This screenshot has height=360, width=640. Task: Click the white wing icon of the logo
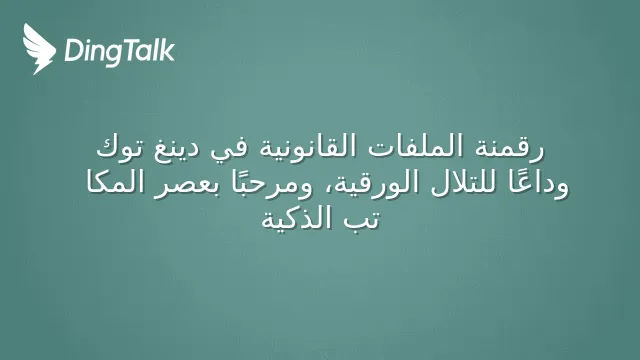click(x=38, y=49)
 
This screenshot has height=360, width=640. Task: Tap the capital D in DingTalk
click(x=73, y=50)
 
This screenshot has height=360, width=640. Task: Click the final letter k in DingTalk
click(x=167, y=50)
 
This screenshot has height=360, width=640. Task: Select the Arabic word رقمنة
click(x=509, y=147)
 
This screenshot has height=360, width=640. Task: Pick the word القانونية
click(x=308, y=146)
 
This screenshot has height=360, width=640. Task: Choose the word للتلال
click(x=464, y=183)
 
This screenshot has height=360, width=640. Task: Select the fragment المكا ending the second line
click(x=114, y=182)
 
